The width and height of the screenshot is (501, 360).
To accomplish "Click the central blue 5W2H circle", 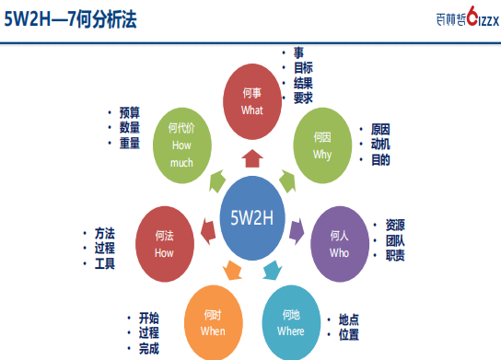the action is coord(252,218).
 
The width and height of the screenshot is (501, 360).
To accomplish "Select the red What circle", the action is coord(252,101).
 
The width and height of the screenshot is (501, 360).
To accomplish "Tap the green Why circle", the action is coord(322,145).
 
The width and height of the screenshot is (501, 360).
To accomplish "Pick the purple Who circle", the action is coord(340,244).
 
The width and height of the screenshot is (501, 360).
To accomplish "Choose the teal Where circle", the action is coord(291,322).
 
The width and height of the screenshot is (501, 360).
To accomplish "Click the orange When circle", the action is coord(213,322).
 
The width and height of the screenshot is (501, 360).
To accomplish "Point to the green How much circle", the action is coord(182,145).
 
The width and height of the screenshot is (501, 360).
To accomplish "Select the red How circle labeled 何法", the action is coord(165,244).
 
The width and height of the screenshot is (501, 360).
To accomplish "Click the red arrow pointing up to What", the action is coord(252,158).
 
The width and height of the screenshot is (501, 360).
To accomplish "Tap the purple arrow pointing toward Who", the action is coord(297,231).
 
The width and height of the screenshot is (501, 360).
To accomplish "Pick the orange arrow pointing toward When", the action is coord(232,271).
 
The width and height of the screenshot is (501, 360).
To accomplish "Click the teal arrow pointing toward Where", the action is coord(273,271).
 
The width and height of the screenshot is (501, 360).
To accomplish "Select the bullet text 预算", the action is coord(130,112).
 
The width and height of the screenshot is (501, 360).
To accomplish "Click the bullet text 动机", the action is coord(380,144).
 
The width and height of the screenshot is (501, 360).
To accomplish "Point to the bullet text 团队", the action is coord(395,240).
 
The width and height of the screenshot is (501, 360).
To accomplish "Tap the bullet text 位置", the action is coord(349,334).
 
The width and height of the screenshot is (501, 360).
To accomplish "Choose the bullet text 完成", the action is coord(148,349).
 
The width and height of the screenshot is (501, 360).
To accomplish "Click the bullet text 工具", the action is coord(104,263).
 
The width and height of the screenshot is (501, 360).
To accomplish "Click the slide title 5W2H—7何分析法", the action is coord(70,19).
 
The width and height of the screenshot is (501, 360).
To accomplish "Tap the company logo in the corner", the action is coord(468,17).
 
